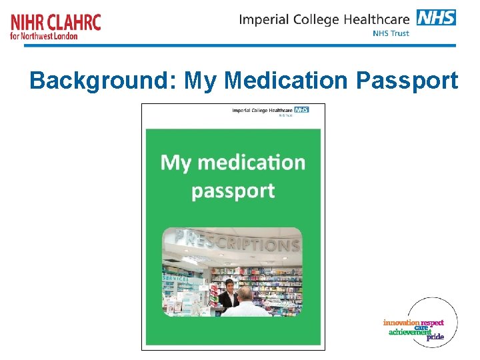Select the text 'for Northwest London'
click(44, 35)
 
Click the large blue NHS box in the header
click(436, 17)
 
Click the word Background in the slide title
click(104, 81)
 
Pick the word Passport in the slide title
click(407, 81)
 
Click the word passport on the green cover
click(233, 191)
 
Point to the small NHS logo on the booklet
click(301, 109)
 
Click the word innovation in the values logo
click(401, 323)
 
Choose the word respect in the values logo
click(432, 323)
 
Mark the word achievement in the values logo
click(409, 332)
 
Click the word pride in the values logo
click(435, 337)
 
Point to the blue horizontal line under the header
click(240, 45)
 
